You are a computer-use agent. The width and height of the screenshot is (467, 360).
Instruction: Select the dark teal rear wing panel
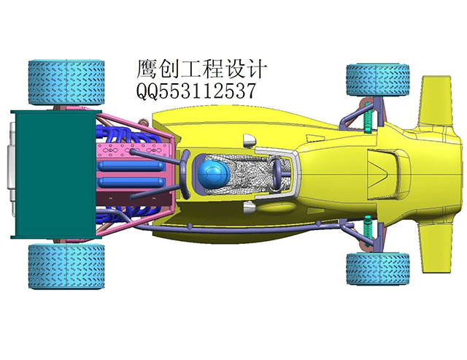point(55,175)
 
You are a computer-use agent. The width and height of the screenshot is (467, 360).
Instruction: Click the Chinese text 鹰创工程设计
point(201,69)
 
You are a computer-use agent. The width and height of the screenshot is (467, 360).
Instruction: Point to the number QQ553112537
point(196,91)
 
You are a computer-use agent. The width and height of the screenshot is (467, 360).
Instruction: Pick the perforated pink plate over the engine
point(133,150)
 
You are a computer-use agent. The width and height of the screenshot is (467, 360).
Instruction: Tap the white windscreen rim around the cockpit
point(277,174)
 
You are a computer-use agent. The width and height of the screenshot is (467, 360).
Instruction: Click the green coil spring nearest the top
point(368,117)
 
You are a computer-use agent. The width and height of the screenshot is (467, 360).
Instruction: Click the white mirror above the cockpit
point(250,141)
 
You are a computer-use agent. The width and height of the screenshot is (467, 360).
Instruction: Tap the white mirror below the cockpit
point(250,207)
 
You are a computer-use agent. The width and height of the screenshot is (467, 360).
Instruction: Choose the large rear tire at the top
point(66,83)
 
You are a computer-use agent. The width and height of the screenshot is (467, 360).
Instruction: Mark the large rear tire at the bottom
point(66,266)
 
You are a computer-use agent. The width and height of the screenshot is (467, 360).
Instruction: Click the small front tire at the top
point(378,80)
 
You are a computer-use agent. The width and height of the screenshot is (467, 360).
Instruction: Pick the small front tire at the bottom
point(378,269)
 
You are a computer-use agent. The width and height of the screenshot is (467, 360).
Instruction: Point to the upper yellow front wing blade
point(435,102)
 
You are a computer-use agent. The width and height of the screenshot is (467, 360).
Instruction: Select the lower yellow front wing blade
point(435,247)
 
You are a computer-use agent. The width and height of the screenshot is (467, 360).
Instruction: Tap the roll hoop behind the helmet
point(185,175)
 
